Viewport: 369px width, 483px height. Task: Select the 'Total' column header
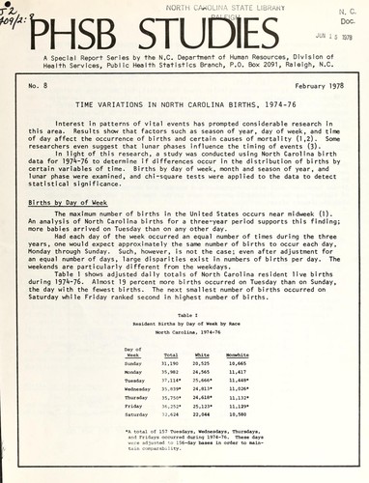(x=169, y=355)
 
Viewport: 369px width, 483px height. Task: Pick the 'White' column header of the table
(x=203, y=355)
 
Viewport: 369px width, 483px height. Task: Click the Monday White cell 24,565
(x=203, y=372)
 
